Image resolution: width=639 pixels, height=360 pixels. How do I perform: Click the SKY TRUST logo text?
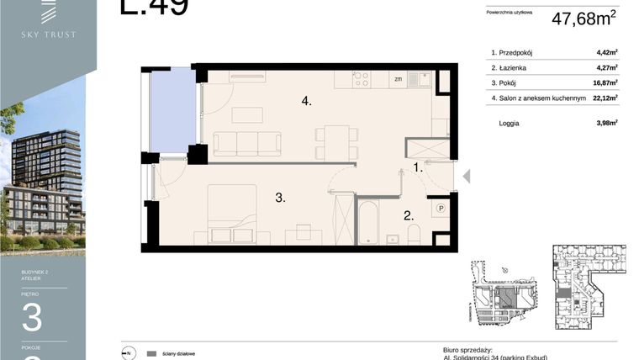48,34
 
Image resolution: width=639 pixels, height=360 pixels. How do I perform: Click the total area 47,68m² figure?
584,19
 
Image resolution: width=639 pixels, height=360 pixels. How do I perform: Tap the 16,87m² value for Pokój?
605,83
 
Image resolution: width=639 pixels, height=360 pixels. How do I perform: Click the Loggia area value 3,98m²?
606,123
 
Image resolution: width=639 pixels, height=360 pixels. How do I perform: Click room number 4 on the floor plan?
307,101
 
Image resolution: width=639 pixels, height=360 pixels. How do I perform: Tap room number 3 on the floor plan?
279,198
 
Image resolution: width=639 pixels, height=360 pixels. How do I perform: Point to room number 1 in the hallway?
418,167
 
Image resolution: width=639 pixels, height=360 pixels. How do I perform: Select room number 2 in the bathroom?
408,215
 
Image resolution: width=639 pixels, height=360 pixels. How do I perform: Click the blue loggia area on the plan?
172,112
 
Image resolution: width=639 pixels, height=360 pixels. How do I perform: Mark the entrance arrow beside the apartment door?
467,177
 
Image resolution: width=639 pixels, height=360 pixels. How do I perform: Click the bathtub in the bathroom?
368,221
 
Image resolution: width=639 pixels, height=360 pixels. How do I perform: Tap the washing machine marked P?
440,208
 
